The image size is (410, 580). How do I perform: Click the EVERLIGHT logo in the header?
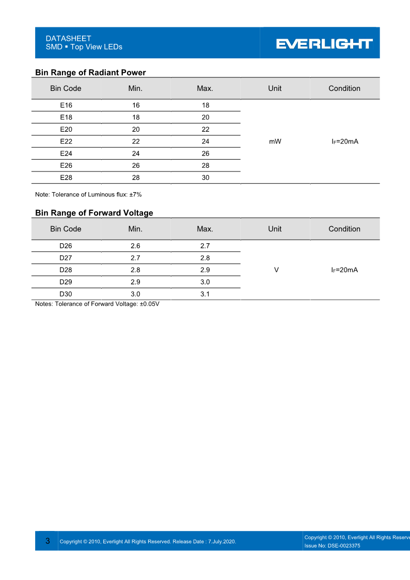[324, 44]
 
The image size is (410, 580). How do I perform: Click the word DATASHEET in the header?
[68, 38]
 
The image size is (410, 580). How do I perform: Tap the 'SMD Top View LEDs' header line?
[84, 47]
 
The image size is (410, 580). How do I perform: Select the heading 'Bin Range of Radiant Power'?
[90, 72]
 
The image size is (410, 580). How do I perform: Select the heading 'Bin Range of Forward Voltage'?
[94, 213]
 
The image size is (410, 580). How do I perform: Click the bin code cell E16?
[66, 105]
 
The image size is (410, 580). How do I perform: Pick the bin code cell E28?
[66, 178]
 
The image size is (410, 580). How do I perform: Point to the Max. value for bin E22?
[205, 142]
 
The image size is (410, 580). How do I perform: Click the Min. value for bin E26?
[136, 166]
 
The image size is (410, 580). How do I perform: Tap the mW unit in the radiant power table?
[275, 142]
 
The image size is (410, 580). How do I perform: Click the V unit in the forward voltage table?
[277, 270]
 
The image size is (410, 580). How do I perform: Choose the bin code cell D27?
[66, 258]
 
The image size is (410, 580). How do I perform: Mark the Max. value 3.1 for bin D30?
[205, 294]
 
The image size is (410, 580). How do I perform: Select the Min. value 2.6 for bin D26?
[135, 246]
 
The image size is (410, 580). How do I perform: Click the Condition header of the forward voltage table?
[344, 229]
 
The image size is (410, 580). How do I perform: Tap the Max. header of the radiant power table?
[205, 88]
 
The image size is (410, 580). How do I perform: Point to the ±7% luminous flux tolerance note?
[88, 195]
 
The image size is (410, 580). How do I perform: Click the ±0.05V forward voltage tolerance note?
[97, 304]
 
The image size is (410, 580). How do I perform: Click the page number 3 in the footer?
[48, 541]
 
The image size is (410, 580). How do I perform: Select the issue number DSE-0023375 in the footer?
[332, 546]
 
